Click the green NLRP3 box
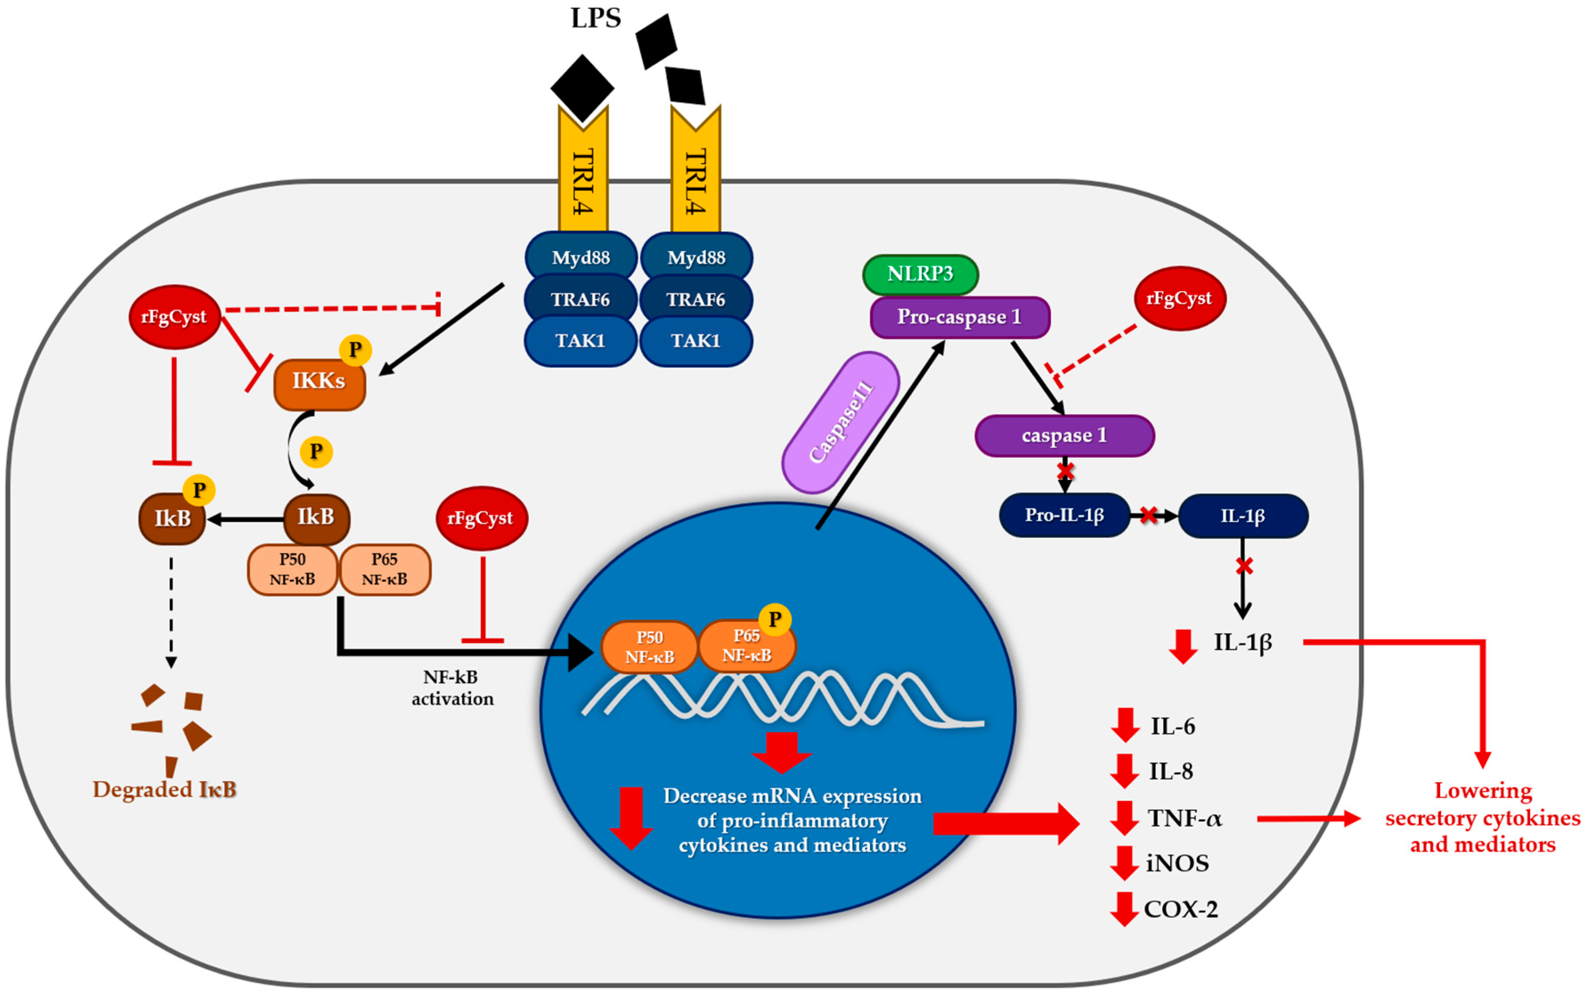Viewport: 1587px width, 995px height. tap(920, 274)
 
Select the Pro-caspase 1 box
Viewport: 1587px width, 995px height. tap(959, 317)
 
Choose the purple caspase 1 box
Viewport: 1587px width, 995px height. tap(1064, 436)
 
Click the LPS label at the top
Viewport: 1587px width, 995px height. tap(595, 18)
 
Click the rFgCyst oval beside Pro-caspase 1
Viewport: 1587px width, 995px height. tap(1179, 298)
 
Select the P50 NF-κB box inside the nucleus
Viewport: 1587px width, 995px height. tap(649, 646)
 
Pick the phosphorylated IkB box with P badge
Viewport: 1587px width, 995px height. tap(172, 518)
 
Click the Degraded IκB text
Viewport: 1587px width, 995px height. tap(164, 789)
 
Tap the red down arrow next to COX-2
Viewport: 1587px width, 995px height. tap(1124, 909)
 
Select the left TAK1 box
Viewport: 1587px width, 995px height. tap(580, 341)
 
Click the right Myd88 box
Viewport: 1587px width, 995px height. tap(696, 257)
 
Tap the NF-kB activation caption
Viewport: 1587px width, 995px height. tap(452, 688)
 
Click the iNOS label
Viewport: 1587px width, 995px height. tap(1177, 863)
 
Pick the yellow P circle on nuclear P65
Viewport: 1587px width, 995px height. tap(774, 619)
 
